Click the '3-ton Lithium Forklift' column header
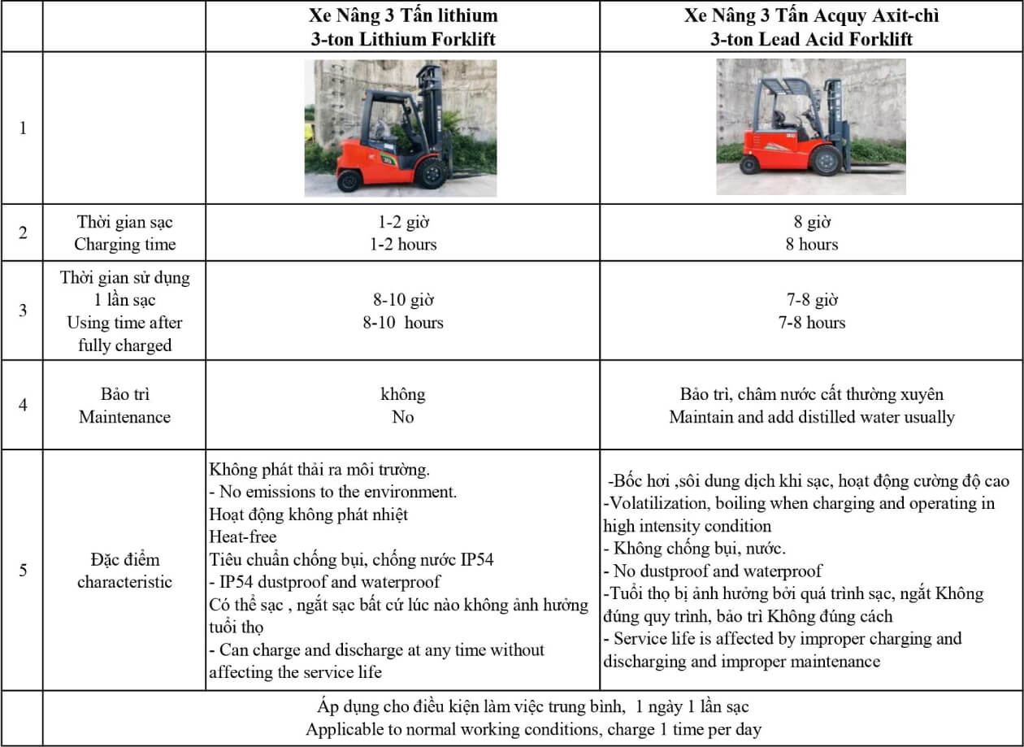pos(403,39)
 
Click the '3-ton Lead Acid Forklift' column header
pos(812,39)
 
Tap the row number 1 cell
pos(23,128)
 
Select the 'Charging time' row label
pos(125,244)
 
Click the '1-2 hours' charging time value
pos(403,244)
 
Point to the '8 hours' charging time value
pos(812,244)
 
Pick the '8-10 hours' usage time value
pos(403,323)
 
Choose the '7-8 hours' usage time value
pos(812,323)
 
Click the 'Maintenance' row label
pos(125,417)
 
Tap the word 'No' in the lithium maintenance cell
pos(403,417)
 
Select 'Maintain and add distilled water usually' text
pos(812,417)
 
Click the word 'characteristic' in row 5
pos(125,582)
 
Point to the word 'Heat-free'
pos(243,536)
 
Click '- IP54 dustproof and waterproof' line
pos(325,582)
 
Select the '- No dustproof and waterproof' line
pos(713,571)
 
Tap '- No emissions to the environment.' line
pos(333,492)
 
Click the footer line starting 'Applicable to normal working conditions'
pos(533,729)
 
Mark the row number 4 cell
pos(23,405)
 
